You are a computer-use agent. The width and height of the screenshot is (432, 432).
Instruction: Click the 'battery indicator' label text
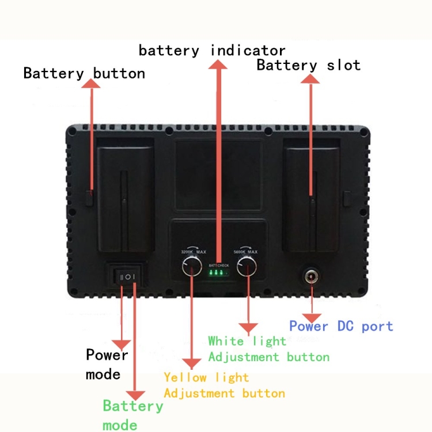211,50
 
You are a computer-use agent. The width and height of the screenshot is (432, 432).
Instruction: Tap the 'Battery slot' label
308,65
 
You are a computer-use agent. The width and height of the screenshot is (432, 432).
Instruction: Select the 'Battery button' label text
84,74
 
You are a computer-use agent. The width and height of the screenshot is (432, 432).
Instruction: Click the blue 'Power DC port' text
341,327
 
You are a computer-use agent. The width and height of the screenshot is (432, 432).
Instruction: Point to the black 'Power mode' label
107,365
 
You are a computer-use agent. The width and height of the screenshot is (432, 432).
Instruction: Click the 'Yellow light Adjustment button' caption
224,385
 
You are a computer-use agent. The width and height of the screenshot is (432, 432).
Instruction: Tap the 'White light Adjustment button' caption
268,349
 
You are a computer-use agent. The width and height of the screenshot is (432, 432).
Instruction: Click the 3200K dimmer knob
191,267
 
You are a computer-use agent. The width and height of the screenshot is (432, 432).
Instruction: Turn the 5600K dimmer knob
247,267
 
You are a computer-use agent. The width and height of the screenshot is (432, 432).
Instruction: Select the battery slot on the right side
311,196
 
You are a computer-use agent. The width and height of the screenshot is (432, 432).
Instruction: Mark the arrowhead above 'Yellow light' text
191,363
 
